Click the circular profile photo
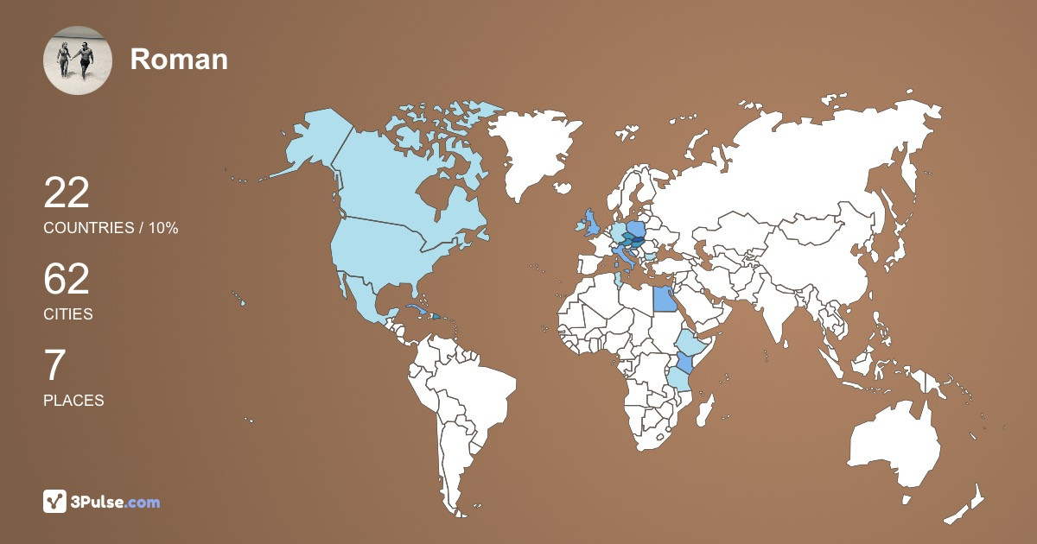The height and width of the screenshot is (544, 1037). pyautogui.click(x=78, y=60)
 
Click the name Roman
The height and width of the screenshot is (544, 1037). pyautogui.click(x=179, y=60)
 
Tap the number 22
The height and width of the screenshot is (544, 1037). pyautogui.click(x=67, y=193)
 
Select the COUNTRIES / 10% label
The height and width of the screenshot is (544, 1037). pyautogui.click(x=111, y=228)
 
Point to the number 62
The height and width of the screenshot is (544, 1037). pyautogui.click(x=67, y=280)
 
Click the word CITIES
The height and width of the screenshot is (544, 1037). pyautogui.click(x=68, y=314)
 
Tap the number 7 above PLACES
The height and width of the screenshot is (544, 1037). pyautogui.click(x=54, y=366)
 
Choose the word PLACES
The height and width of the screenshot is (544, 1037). pyautogui.click(x=73, y=401)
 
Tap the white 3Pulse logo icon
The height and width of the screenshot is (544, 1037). pyautogui.click(x=55, y=502)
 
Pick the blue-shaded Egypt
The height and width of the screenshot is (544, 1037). pyautogui.click(x=664, y=299)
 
